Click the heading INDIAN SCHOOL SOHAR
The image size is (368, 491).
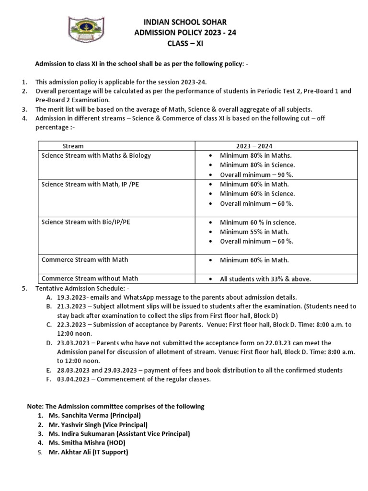(185, 22)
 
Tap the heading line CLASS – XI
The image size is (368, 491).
(185, 43)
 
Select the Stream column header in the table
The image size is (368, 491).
(73, 146)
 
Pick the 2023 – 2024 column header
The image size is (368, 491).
(254, 146)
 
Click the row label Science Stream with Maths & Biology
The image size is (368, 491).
(96, 155)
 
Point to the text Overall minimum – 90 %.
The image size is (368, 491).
(256, 175)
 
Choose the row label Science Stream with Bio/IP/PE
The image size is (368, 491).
(86, 222)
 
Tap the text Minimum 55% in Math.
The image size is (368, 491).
(254, 232)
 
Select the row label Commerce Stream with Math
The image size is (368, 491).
(85, 260)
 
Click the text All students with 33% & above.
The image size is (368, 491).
(265, 279)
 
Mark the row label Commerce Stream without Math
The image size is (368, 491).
(90, 279)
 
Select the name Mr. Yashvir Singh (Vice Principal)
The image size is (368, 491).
(98, 424)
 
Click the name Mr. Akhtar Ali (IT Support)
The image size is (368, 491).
(89, 452)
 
